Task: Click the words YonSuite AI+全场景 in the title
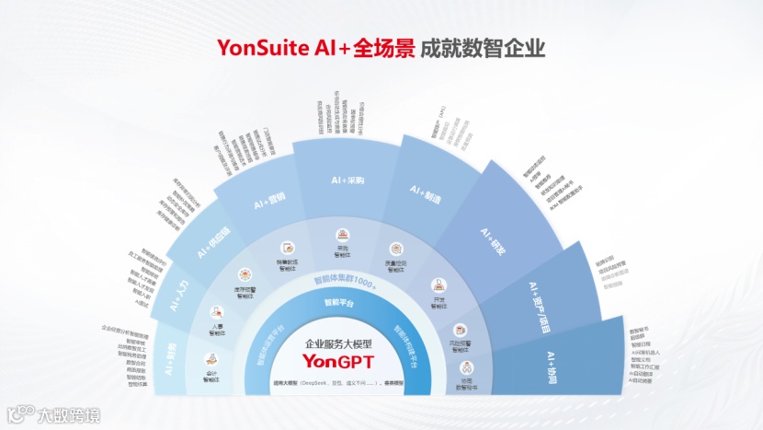(x=313, y=47)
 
